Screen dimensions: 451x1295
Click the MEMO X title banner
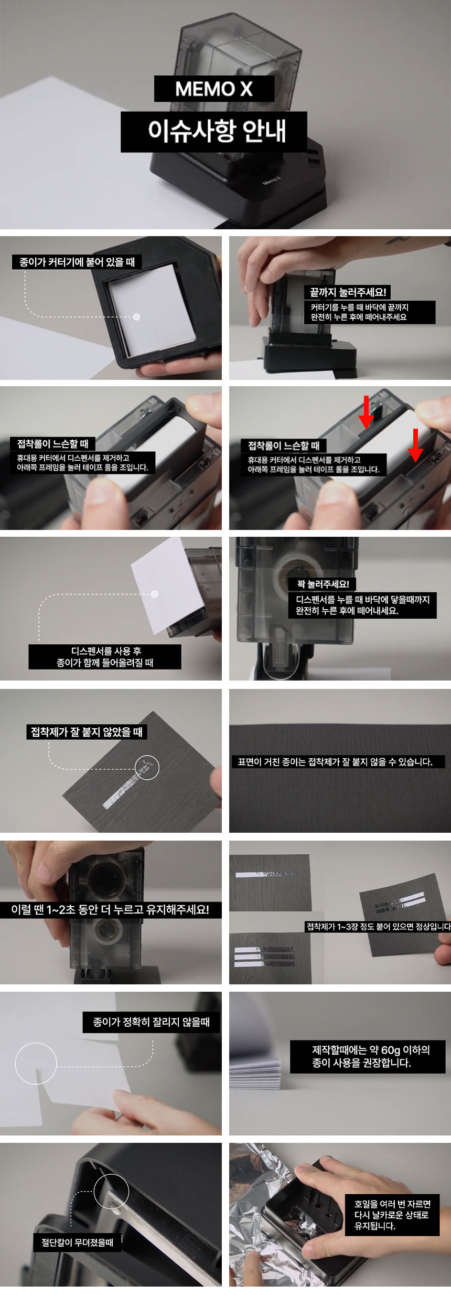pyautogui.click(x=214, y=89)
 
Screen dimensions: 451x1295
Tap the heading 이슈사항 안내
pyautogui.click(x=214, y=132)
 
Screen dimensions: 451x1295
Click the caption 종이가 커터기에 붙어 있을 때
pyautogui.click(x=77, y=262)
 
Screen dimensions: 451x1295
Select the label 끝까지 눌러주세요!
pyautogui.click(x=348, y=292)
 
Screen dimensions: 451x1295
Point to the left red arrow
pyautogui.click(x=366, y=412)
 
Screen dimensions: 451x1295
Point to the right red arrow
pyautogui.click(x=415, y=445)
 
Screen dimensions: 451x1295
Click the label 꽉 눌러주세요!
pyautogui.click(x=323, y=584)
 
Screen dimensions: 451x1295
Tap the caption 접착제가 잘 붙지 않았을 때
pyautogui.click(x=87, y=732)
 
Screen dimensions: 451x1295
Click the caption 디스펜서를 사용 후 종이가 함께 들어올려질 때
pyautogui.click(x=105, y=657)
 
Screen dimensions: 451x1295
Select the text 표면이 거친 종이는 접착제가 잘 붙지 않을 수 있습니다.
pyautogui.click(x=336, y=762)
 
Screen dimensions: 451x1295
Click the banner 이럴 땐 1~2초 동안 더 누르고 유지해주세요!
pyautogui.click(x=110, y=909)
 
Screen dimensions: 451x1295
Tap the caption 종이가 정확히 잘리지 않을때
pyautogui.click(x=151, y=1022)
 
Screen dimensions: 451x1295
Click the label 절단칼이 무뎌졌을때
pyautogui.click(x=77, y=1243)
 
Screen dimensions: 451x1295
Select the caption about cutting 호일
pyautogui.click(x=392, y=1215)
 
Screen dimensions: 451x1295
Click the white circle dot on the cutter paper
pyautogui.click(x=136, y=317)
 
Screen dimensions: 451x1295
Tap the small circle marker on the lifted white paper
pyautogui.click(x=155, y=594)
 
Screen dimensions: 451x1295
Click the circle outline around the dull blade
pyautogui.click(x=94, y=1192)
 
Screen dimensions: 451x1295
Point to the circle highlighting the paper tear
pyautogui.click(x=15, y=1063)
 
